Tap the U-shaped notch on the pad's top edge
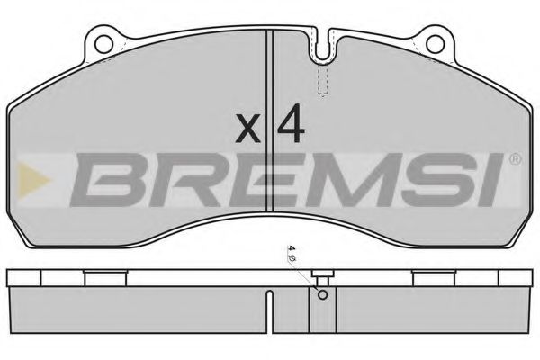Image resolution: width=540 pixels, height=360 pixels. coord(323,50)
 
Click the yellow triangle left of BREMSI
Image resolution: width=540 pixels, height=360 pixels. coord(36,175)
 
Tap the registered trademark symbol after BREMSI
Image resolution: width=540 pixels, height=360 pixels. coord(515,159)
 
